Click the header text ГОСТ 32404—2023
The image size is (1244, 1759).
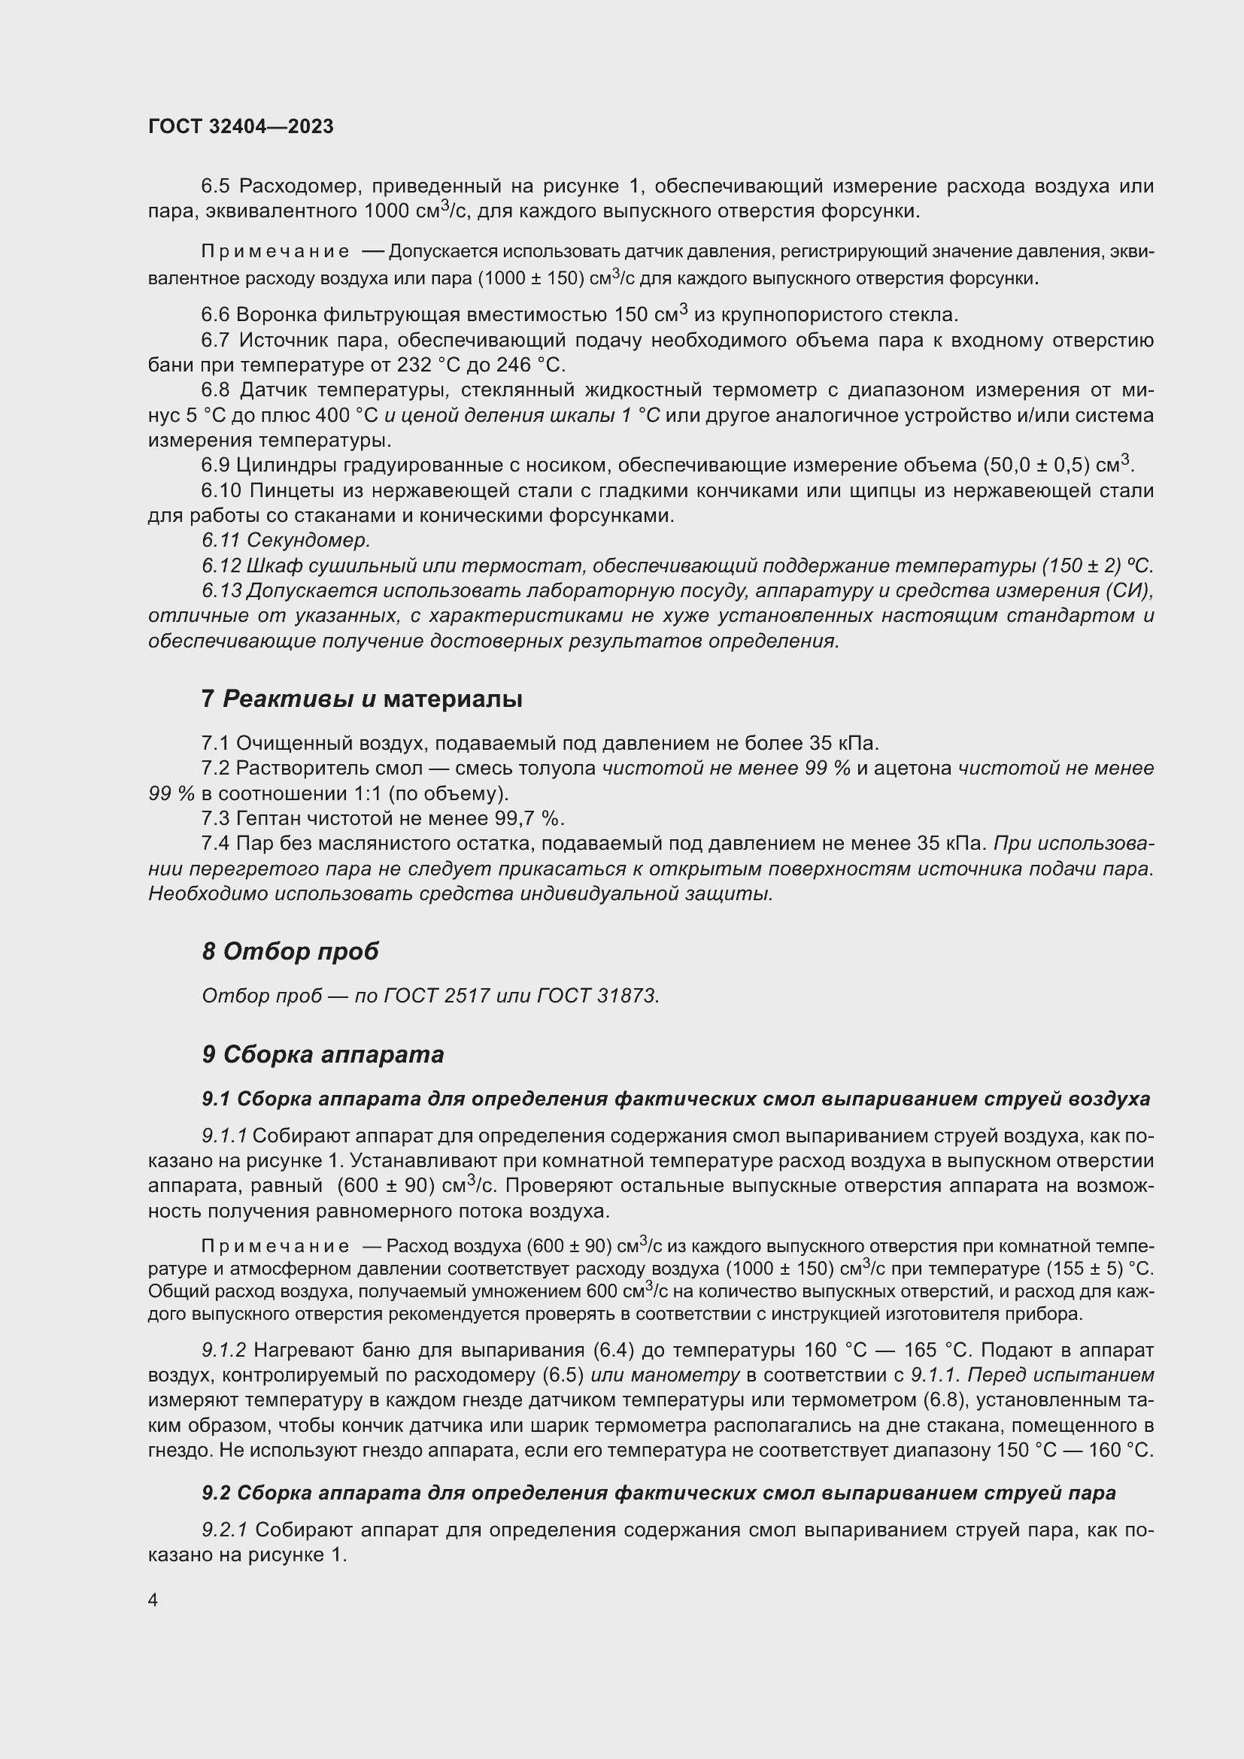pyautogui.click(x=241, y=126)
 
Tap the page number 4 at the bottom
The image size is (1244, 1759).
pyautogui.click(x=153, y=1600)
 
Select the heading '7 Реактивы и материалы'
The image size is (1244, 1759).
pyautogui.click(x=362, y=699)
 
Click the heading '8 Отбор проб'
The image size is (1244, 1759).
pyautogui.click(x=290, y=951)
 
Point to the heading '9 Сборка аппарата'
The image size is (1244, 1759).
pyautogui.click(x=323, y=1054)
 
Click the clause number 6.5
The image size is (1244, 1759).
pyautogui.click(x=217, y=187)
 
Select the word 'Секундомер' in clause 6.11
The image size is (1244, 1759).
pyautogui.click(x=308, y=540)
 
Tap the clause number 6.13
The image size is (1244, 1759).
pyautogui.click(x=221, y=590)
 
